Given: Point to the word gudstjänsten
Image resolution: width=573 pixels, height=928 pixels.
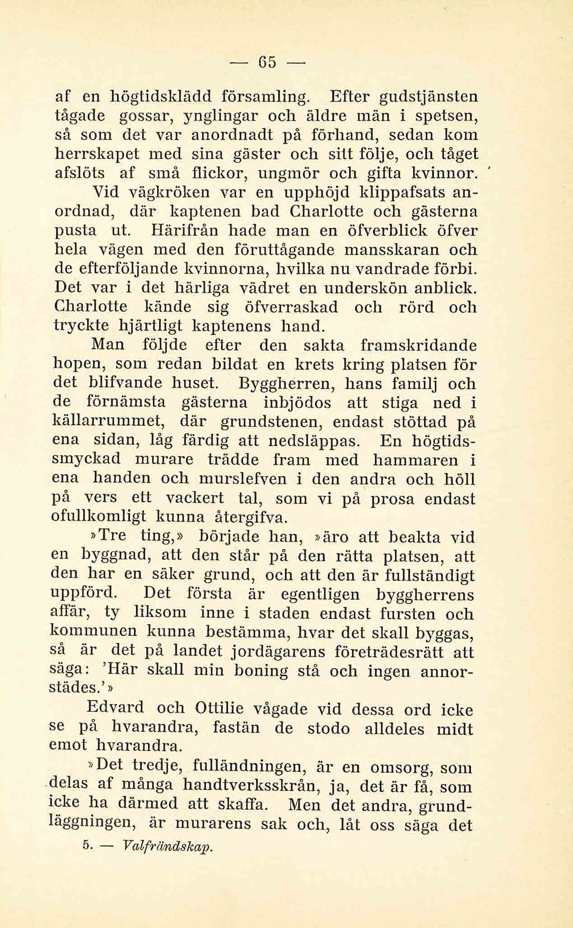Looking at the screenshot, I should (426, 97).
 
